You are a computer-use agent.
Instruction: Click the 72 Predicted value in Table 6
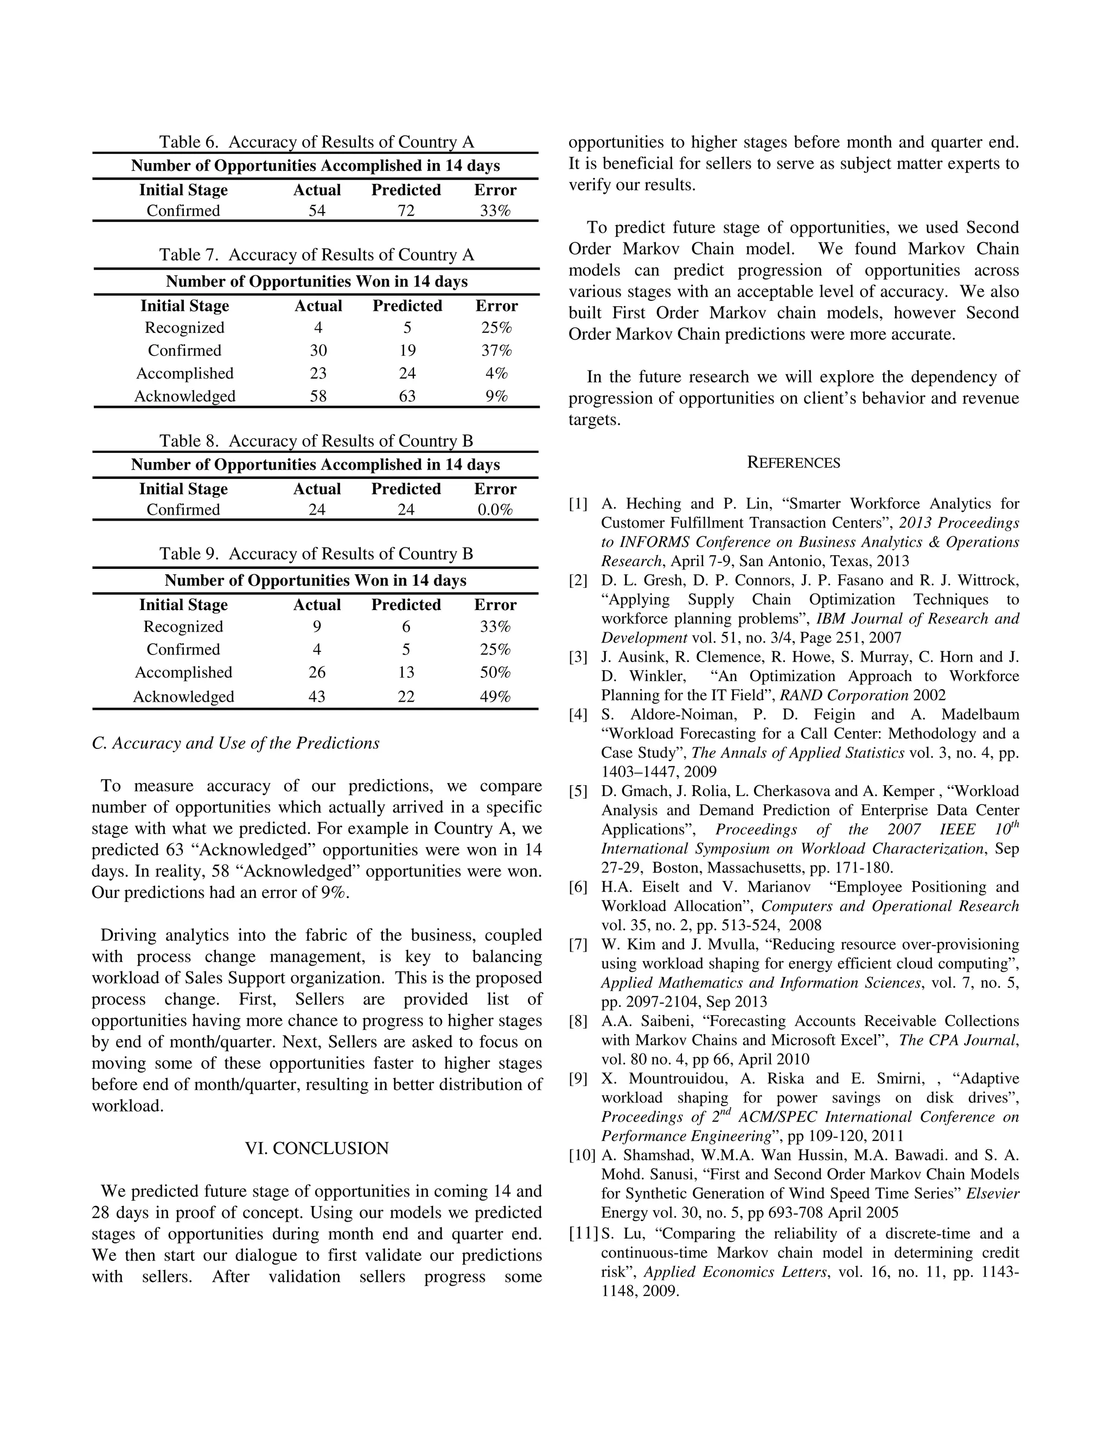pos(406,210)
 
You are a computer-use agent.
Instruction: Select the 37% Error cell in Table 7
pos(496,351)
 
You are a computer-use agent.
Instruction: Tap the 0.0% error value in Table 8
pos(495,510)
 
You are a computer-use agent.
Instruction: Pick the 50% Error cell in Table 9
pos(495,672)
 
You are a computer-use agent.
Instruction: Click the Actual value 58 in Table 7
pos(318,396)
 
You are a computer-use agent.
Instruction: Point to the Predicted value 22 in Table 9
pos(406,697)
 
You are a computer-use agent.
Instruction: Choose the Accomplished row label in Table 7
pos(185,374)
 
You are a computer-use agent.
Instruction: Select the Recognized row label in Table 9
pos(184,627)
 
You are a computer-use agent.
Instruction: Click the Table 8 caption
pos(316,441)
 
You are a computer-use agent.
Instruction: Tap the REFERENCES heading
pos(794,463)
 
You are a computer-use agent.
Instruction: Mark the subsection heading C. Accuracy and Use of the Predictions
pos(235,743)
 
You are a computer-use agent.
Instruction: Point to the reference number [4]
pos(578,715)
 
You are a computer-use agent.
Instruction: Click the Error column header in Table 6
pos(495,190)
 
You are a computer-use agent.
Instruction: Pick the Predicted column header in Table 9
pos(406,605)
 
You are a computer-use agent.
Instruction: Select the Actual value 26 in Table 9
pos(317,672)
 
